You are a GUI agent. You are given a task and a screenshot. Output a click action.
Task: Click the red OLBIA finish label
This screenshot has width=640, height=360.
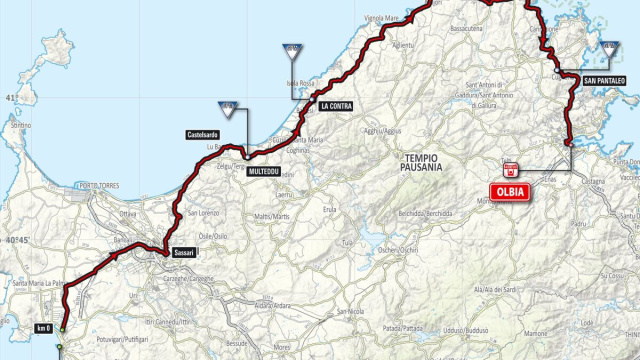pyautogui.click(x=509, y=194)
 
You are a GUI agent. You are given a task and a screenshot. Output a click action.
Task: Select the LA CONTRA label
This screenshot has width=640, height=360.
pyautogui.click(x=337, y=105)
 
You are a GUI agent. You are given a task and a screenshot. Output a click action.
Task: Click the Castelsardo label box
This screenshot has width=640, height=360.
pyautogui.click(x=202, y=134)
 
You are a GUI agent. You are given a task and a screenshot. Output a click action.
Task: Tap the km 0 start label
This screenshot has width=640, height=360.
pyautogui.click(x=42, y=328)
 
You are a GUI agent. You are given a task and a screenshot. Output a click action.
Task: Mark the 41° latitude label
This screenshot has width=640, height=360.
pyautogui.click(x=11, y=98)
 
